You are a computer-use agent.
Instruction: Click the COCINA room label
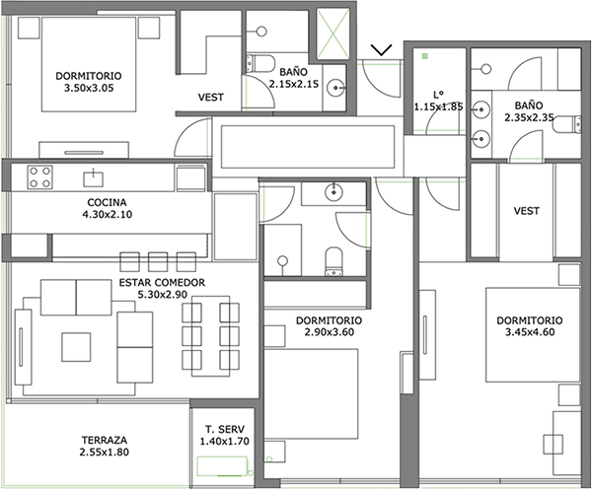pos(107,202)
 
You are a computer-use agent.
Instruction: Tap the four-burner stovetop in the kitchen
pos(39,177)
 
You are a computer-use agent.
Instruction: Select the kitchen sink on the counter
pos(94,178)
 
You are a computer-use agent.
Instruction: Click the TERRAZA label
pos(105,440)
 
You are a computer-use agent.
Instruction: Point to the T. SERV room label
pos(225,429)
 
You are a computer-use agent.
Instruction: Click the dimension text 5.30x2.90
pos(163,295)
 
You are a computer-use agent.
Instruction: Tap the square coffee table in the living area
pos(76,347)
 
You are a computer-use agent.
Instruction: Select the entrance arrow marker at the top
pos(381,49)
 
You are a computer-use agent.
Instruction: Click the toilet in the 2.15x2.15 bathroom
pos(259,63)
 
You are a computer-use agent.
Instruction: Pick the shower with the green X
pos(333,35)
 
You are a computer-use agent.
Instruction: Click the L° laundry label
pos(438,95)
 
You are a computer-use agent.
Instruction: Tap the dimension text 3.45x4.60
pos(530,332)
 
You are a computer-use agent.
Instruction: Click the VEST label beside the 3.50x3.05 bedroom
pos(211,98)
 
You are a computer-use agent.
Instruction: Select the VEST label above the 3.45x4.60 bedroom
pos(527,210)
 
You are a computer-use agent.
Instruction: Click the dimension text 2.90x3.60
pos(330,332)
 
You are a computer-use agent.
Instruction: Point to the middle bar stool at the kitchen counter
pos(158,262)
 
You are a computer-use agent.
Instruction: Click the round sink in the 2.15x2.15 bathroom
pos(335,88)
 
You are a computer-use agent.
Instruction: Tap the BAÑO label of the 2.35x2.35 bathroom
pos(529,105)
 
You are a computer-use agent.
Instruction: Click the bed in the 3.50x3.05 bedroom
pos(89,64)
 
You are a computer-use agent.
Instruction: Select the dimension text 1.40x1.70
pos(225,441)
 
